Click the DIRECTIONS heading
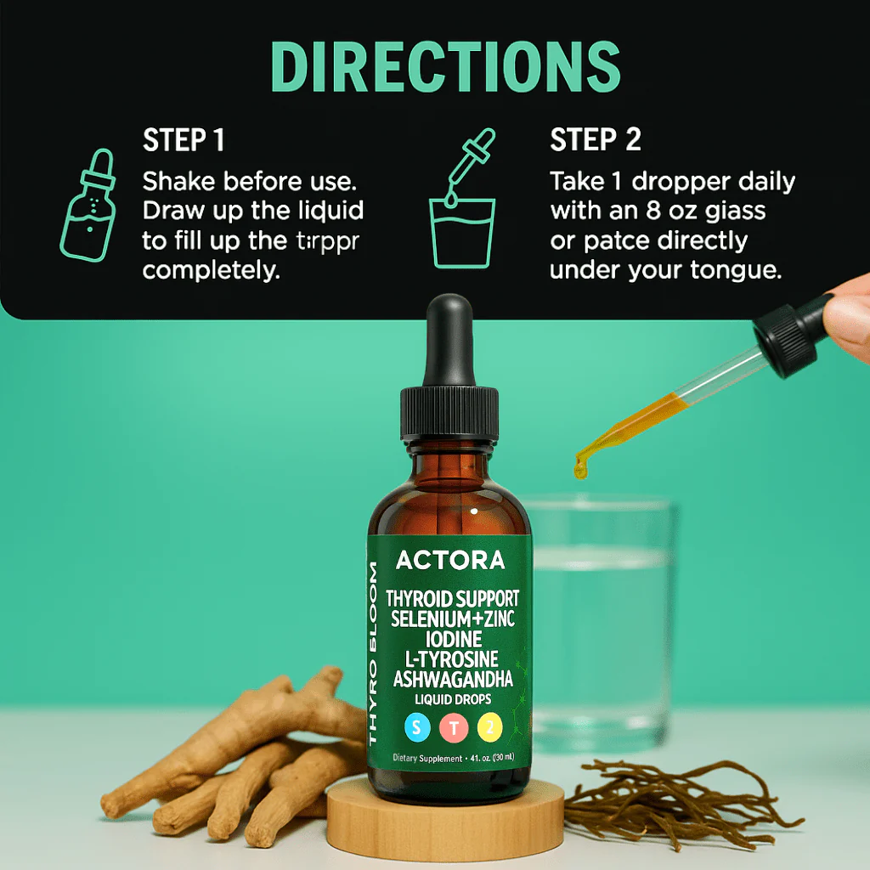(445, 66)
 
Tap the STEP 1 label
(184, 140)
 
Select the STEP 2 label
(596, 140)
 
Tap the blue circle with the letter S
(416, 726)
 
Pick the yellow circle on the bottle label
(491, 726)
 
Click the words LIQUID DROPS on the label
(452, 699)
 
